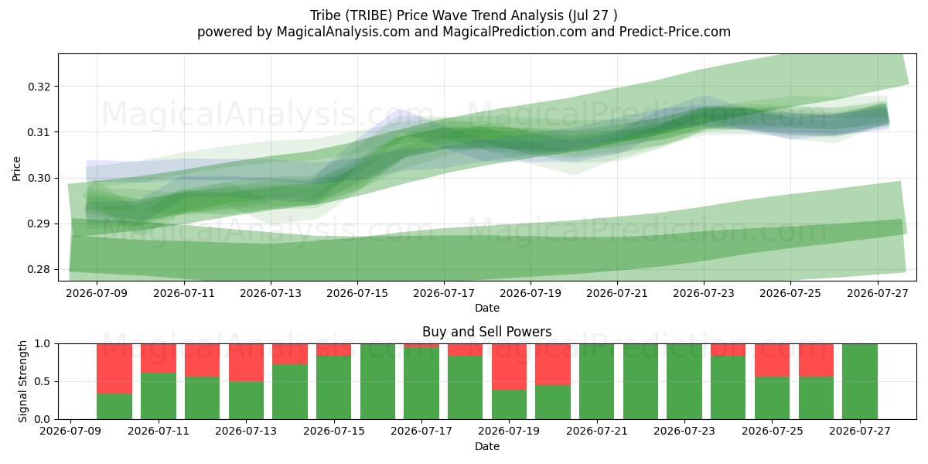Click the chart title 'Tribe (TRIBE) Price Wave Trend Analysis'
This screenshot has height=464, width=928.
(437, 15)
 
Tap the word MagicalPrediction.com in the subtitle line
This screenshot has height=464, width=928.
(514, 32)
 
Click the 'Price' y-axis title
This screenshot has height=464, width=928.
(16, 169)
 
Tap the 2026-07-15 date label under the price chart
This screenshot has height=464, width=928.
(357, 293)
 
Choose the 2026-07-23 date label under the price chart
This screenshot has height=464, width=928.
(704, 293)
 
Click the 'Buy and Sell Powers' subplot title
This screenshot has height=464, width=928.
(486, 332)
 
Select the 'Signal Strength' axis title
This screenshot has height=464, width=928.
(22, 381)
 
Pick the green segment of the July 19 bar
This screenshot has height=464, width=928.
(509, 404)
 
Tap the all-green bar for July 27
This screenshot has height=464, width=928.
(860, 381)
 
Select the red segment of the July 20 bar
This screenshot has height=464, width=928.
(553, 364)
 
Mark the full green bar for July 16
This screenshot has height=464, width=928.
(378, 381)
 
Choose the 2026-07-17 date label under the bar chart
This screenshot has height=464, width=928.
(421, 431)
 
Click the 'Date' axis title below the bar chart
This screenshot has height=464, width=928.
(486, 447)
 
